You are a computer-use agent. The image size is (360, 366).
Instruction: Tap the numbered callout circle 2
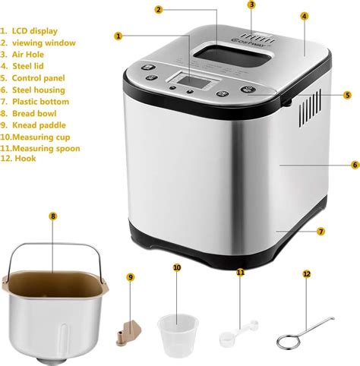pyautogui.click(x=158, y=9)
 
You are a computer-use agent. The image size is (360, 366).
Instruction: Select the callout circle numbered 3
pyautogui.click(x=251, y=5)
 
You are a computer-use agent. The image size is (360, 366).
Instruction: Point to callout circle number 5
pyautogui.click(x=347, y=95)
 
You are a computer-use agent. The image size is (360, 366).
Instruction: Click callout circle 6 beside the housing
pyautogui.click(x=355, y=164)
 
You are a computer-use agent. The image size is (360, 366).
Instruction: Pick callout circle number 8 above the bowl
pyautogui.click(x=52, y=216)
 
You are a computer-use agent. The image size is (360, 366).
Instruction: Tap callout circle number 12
pyautogui.click(x=307, y=273)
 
